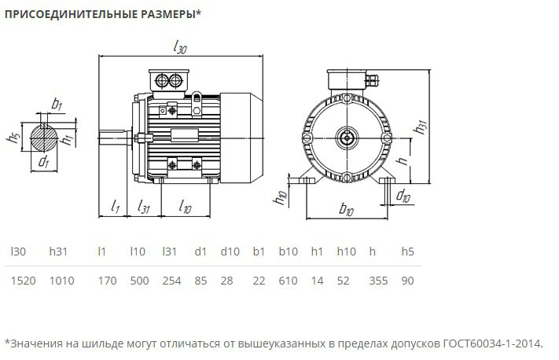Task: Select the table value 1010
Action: [62, 280]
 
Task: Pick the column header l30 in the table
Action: [18, 252]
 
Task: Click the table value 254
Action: [171, 280]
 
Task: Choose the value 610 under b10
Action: [288, 280]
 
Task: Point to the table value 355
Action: [377, 280]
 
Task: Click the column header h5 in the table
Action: [407, 252]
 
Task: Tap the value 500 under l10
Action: [138, 280]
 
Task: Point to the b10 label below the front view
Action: [347, 210]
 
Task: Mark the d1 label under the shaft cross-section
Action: [44, 163]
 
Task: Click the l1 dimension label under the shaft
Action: [115, 208]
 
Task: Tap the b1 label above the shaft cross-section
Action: [57, 104]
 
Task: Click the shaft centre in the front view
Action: [347, 137]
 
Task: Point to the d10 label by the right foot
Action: [403, 195]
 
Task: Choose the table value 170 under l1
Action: [101, 280]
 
